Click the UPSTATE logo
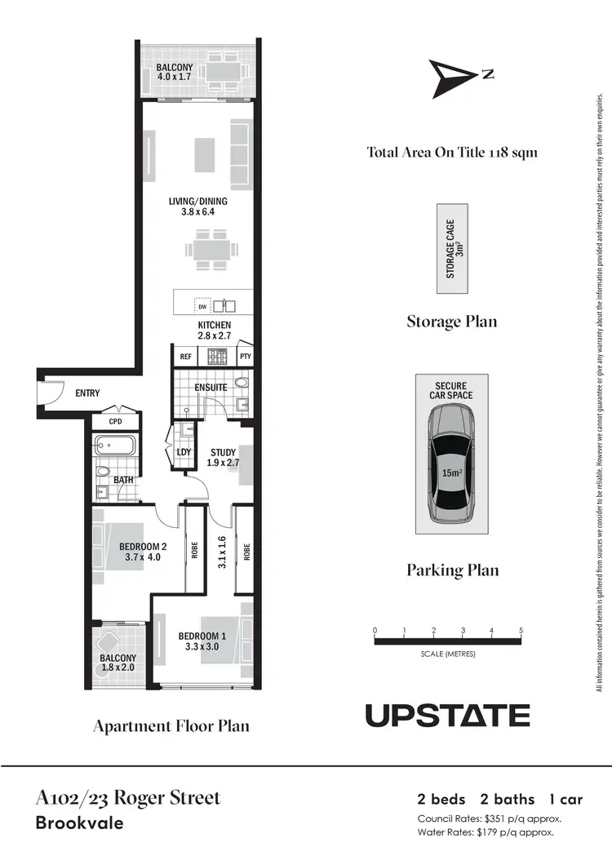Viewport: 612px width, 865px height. (447, 715)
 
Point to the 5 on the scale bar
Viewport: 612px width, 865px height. (521, 631)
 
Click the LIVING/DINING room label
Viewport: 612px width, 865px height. (197, 206)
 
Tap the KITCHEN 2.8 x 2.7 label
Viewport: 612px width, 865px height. (215, 330)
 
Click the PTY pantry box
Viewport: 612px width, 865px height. (245, 357)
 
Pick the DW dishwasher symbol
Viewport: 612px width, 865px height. (202, 307)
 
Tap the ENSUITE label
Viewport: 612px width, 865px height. (211, 387)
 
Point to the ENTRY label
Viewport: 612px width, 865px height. (87, 393)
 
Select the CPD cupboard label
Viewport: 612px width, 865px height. (115, 421)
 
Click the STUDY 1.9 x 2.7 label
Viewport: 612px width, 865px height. (223, 458)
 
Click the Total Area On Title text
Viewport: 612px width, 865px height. (451, 153)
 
